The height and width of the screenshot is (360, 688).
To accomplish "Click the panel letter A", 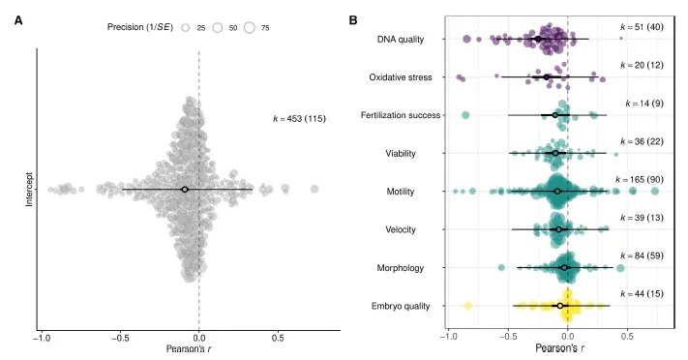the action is [18, 20].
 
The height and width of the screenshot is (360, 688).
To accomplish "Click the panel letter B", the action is [353, 20].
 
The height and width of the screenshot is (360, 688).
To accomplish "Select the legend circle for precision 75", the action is [250, 28].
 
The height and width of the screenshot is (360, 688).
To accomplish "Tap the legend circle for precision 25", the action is [186, 28].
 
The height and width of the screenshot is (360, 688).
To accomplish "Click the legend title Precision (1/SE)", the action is [140, 27].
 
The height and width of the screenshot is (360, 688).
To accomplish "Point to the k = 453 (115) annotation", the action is [299, 118].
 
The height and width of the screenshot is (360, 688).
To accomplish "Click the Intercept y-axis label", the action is [29, 190].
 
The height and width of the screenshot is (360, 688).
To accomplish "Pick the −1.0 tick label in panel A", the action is [42, 339].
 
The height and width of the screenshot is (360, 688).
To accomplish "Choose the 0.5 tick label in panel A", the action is [278, 339].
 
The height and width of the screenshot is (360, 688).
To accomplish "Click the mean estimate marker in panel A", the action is [185, 190].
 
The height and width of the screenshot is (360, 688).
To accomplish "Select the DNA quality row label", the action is [401, 40].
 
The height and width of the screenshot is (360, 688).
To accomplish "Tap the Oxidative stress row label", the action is [401, 77].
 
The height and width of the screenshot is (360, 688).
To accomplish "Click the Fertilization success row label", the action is [401, 115].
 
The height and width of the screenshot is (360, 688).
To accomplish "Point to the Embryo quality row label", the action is [401, 306].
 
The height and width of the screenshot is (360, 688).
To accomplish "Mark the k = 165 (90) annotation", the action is [640, 180].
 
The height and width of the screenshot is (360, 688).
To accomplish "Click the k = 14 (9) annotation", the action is [644, 104].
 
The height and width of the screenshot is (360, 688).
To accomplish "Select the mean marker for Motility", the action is [557, 192].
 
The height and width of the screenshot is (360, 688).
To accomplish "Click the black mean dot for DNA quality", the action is [538, 39].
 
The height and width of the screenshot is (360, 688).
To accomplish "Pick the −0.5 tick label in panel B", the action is [508, 337].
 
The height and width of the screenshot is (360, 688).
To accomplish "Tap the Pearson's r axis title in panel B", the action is [560, 348].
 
